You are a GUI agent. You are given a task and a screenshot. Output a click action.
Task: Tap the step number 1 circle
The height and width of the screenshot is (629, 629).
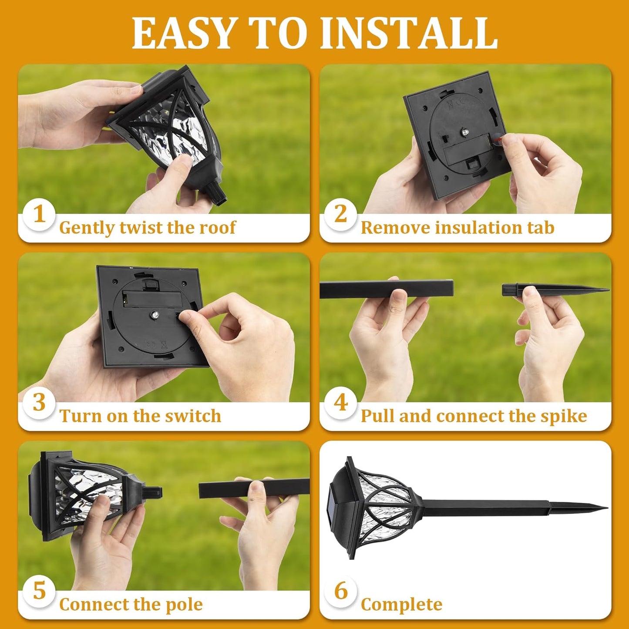(39, 214)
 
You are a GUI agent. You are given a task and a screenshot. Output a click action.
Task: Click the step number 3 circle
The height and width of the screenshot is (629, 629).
(39, 403)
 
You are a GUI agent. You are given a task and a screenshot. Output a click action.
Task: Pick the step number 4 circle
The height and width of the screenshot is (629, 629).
(341, 403)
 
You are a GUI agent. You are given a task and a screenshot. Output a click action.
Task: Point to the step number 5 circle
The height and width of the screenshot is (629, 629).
(39, 591)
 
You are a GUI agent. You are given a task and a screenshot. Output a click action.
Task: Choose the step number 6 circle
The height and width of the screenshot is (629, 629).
(341, 591)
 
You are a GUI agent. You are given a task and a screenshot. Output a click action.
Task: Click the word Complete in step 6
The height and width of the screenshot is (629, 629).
(401, 605)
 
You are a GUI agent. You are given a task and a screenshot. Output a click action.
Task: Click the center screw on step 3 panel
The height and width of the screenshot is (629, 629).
(155, 314)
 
